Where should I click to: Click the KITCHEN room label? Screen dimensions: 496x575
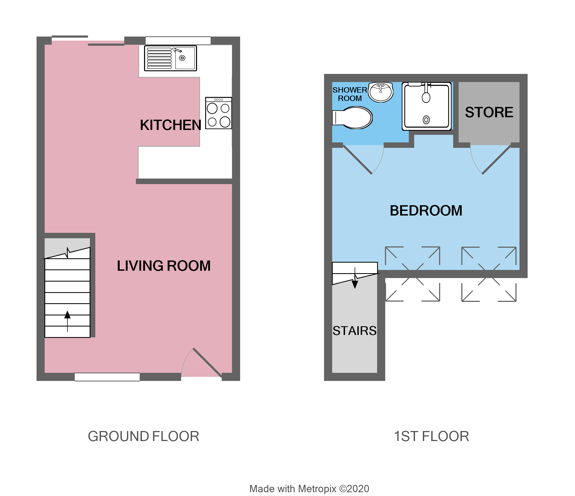pos(170,125)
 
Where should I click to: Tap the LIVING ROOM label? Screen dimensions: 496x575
pos(164,266)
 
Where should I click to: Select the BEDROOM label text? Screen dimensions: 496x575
pos(426,211)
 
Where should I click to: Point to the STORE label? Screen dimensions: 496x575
pos(489,112)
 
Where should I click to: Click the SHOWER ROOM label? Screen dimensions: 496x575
pos(350,94)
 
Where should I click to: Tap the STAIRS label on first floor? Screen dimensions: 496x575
pos(354,331)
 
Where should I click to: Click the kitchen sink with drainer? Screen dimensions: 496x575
pos(170,58)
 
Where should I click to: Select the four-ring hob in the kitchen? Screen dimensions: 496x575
pos(218,113)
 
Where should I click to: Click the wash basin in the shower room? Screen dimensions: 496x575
pos(381,92)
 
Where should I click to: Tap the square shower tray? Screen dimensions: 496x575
pos(427,106)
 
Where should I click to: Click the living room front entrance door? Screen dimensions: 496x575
pos(207,363)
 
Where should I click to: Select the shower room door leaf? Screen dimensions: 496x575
pos(357,159)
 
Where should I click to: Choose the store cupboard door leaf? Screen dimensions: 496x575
pos(497,159)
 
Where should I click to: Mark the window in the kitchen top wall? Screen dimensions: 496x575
pos(178,41)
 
